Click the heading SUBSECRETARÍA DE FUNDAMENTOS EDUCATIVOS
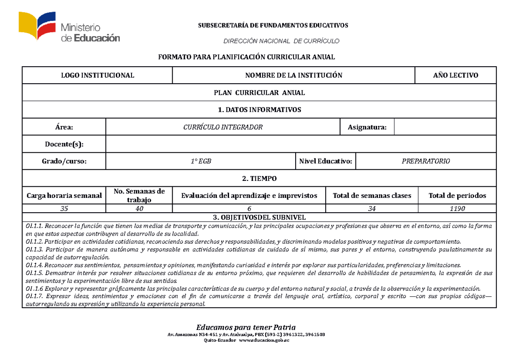273,25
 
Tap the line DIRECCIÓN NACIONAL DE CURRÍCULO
282,41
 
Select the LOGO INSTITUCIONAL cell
98,76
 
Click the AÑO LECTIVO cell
455,76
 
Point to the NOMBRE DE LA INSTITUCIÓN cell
294,76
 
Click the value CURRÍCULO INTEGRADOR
223,127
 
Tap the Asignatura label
367,127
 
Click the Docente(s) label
64,144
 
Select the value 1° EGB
200,161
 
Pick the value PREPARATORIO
425,161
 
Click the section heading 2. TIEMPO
259,179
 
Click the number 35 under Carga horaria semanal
64,208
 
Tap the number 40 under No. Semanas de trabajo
139,208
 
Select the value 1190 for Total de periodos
457,208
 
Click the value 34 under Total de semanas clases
372,208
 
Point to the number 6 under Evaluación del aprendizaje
249,208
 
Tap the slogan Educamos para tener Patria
246,327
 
